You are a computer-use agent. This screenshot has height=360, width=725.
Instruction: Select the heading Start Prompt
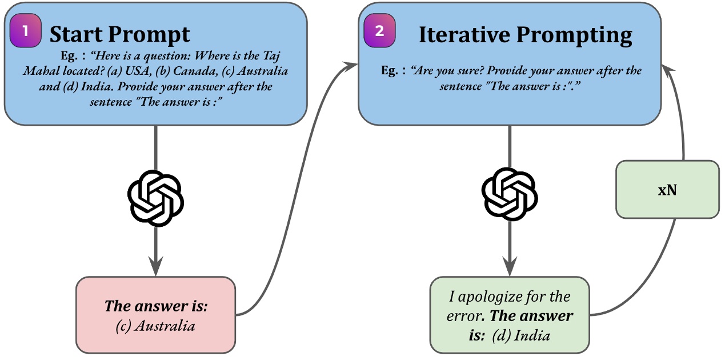pyautogui.click(x=119, y=35)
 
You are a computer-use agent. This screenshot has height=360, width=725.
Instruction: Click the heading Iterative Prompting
pyautogui.click(x=525, y=35)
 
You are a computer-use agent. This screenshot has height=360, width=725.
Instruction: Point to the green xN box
pyautogui.click(x=667, y=190)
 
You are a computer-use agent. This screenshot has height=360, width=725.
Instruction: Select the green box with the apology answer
pyautogui.click(x=509, y=315)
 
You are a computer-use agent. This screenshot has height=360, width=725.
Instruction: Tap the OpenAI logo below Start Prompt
pyautogui.click(x=155, y=198)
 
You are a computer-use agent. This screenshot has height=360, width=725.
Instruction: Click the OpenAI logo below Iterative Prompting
pyautogui.click(x=509, y=198)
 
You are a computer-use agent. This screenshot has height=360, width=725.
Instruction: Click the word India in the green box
pyautogui.click(x=532, y=335)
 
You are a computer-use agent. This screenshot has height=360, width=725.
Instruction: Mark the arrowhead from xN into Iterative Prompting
pyautogui.click(x=669, y=71)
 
